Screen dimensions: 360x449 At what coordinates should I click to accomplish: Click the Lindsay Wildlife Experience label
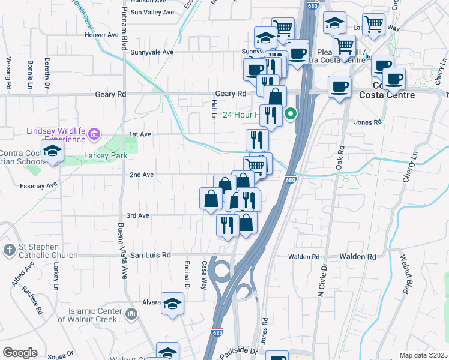pos(56,135)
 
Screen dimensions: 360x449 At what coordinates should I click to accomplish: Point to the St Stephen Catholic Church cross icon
pos(9,250)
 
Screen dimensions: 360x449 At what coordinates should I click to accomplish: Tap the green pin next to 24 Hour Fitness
pos(291,113)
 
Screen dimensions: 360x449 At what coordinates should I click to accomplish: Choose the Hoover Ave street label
pos(102,35)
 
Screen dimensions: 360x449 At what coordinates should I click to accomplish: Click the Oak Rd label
pos(340,157)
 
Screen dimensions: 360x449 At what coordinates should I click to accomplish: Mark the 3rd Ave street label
pos(137,215)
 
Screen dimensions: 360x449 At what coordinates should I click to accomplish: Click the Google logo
pos(19,353)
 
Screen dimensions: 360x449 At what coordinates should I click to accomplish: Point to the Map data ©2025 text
pos(423,355)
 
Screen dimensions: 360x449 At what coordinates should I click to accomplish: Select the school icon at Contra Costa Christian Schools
pos(52,150)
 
